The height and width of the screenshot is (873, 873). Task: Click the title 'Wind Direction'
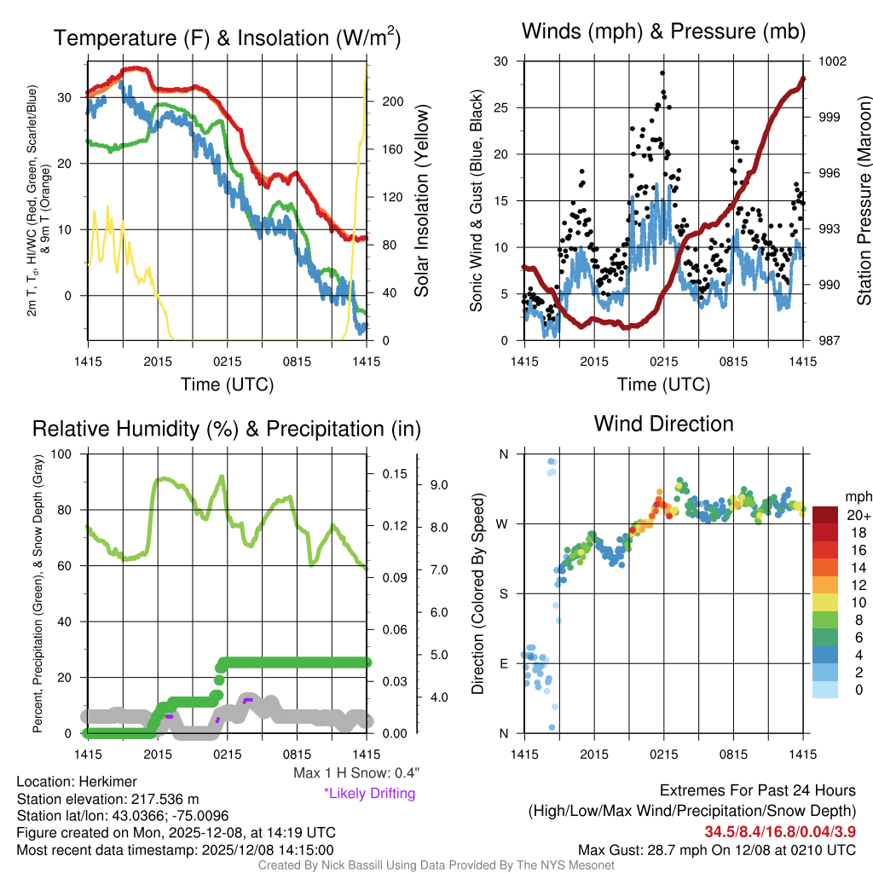pos(663,424)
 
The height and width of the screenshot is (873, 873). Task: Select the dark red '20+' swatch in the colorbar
pos(826,515)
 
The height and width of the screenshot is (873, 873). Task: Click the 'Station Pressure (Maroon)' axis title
pos(863,201)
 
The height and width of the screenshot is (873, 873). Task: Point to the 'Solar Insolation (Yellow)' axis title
pos(421,201)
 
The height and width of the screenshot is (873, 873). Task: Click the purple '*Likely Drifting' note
pos(369,793)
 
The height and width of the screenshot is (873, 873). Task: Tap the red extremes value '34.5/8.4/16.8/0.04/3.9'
pos(780,831)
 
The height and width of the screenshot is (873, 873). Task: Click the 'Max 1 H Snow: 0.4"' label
pos(356,773)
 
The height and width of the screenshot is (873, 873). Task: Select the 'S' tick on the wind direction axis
pos(503,593)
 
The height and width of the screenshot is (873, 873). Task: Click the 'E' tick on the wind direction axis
pos(503,663)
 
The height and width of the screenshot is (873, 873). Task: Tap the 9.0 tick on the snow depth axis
pos(440,485)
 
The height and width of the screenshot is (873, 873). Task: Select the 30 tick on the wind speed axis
pos(501,61)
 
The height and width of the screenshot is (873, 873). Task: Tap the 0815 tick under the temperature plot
pos(296,362)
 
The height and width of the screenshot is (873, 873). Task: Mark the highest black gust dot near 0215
pos(662,73)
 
